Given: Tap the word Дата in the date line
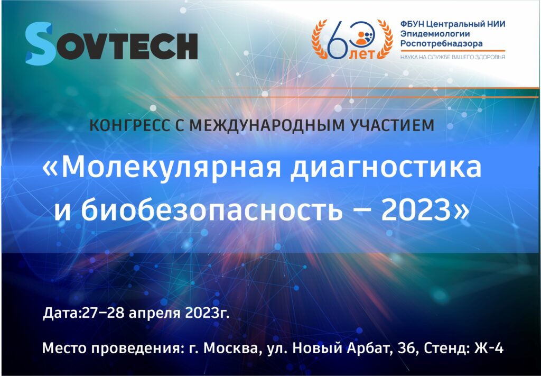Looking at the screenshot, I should pos(60,313).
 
